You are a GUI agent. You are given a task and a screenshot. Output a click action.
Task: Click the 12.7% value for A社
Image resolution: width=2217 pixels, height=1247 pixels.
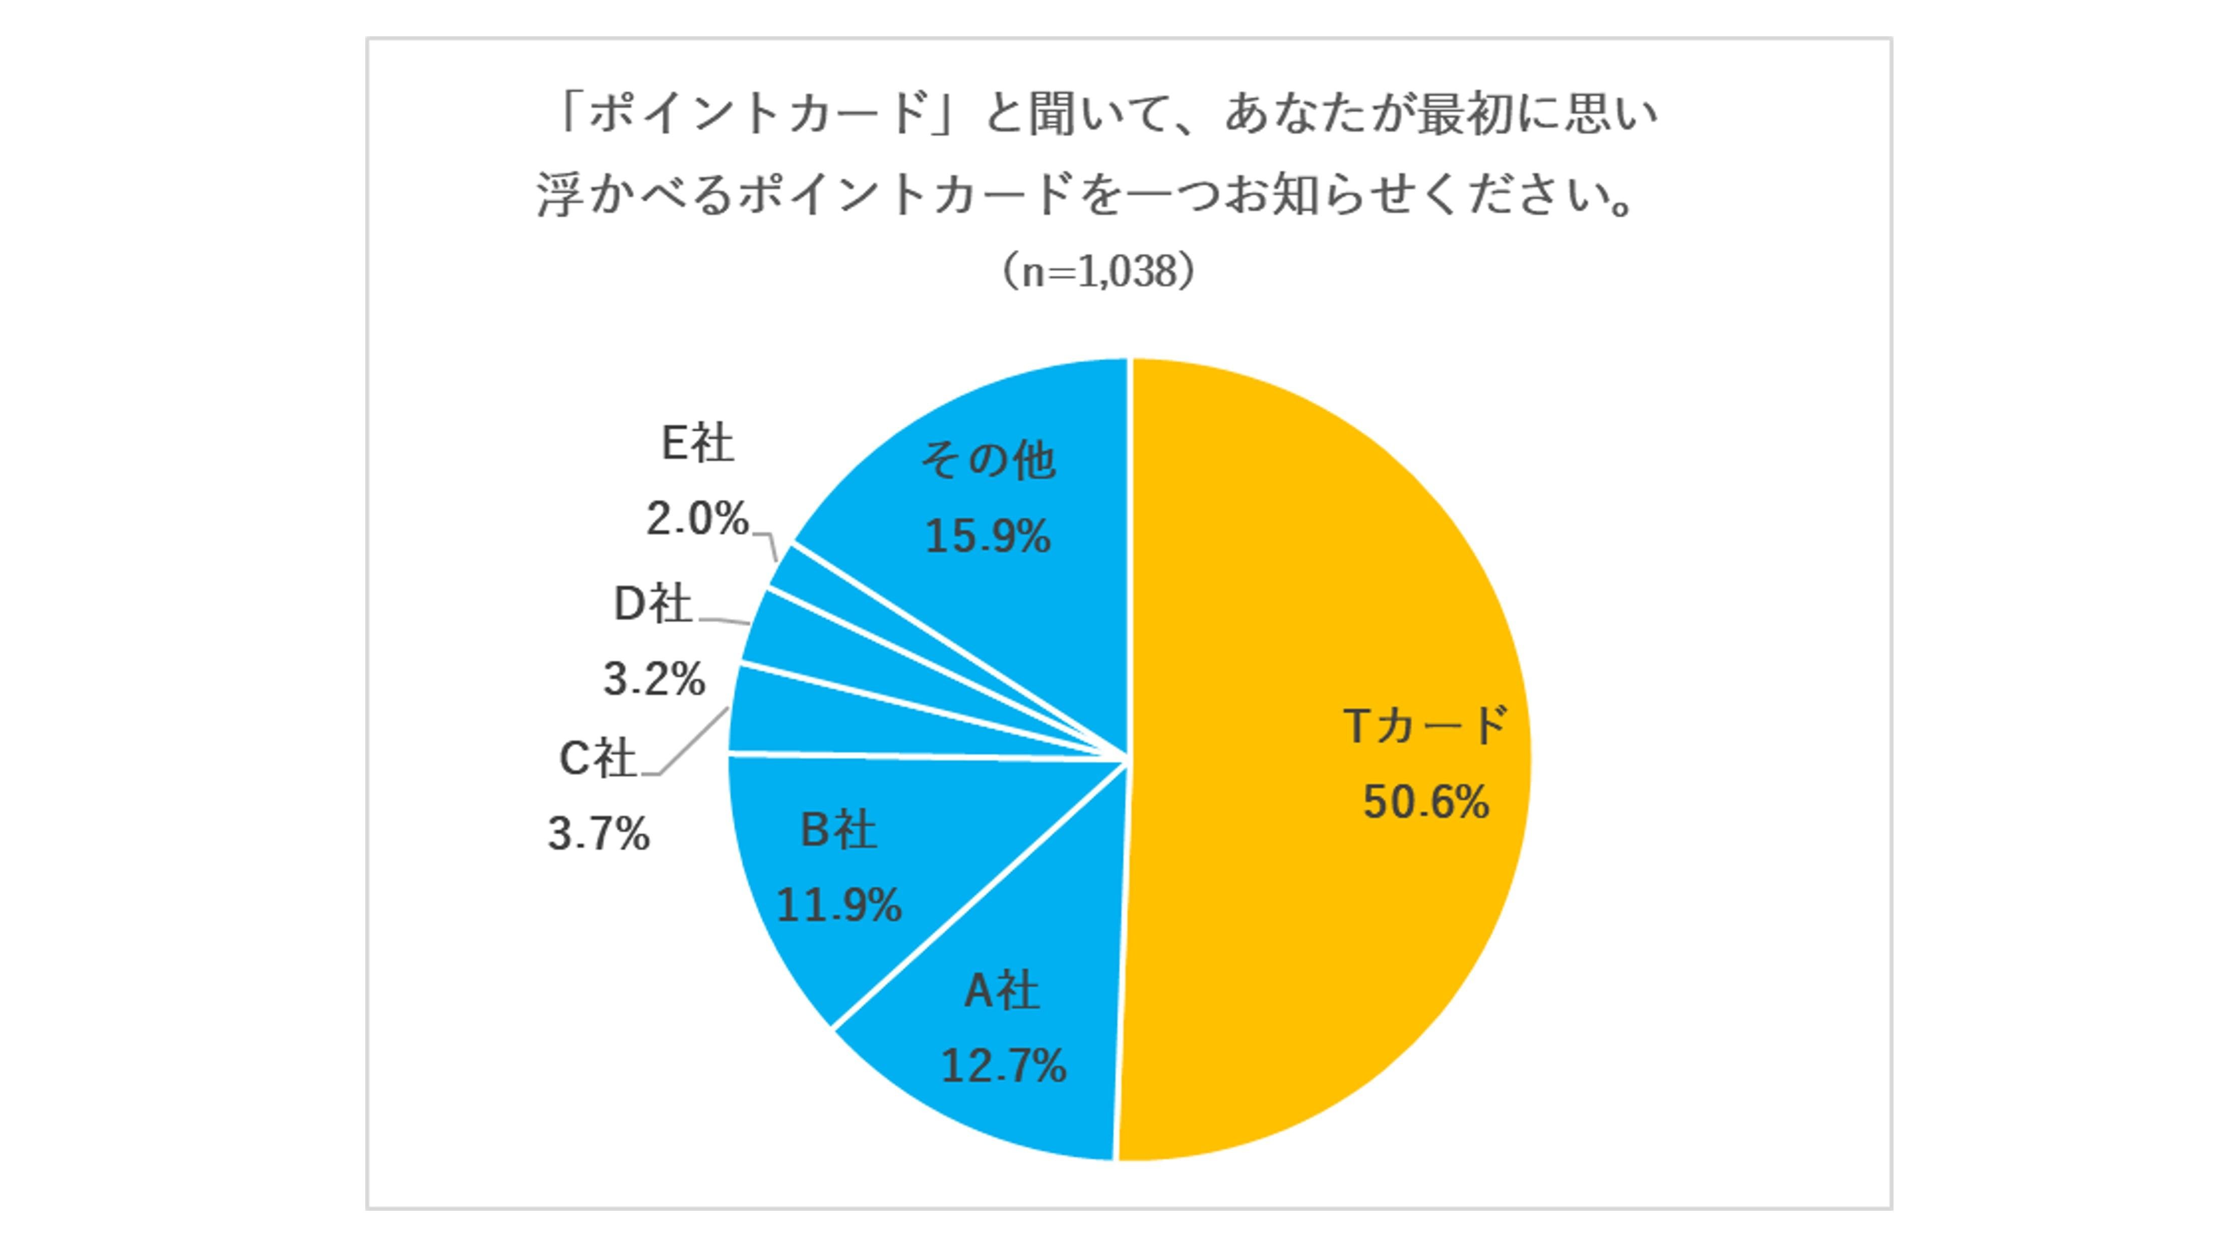(x=1004, y=1066)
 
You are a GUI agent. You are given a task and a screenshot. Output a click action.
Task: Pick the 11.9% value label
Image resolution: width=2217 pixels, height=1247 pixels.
(x=839, y=905)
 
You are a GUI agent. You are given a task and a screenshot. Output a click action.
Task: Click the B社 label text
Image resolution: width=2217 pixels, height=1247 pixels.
(x=839, y=830)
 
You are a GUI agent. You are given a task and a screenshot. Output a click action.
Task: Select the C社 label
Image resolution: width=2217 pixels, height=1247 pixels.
(x=597, y=759)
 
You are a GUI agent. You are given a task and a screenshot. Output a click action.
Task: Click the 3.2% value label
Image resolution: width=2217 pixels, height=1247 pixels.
(x=654, y=680)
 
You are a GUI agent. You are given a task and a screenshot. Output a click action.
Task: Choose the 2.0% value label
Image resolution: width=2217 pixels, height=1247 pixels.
(x=697, y=520)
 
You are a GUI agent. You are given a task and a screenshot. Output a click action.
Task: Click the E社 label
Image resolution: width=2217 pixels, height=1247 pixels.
(x=697, y=444)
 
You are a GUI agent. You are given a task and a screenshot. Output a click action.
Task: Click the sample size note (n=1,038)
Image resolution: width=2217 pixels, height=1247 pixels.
(x=1099, y=272)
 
